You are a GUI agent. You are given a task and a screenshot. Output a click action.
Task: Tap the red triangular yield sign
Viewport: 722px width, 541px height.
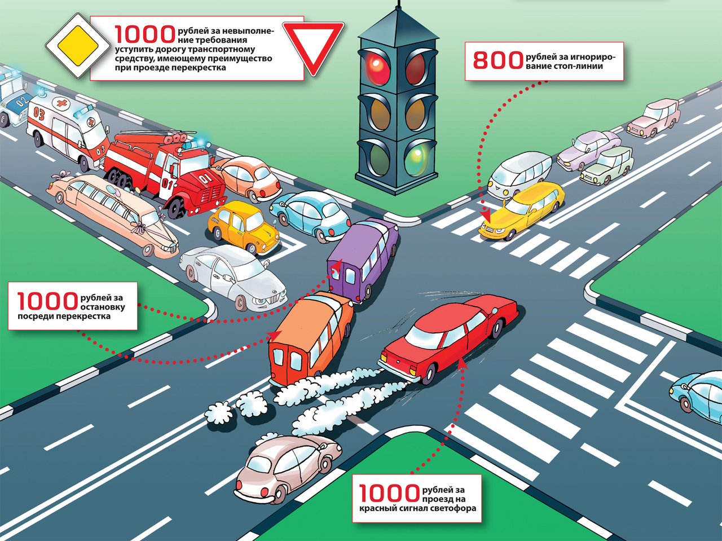coord(313,44)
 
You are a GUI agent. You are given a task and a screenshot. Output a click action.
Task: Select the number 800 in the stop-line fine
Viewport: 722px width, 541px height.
coord(498,60)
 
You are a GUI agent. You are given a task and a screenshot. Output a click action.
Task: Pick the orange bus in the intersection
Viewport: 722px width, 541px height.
coord(310,338)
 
